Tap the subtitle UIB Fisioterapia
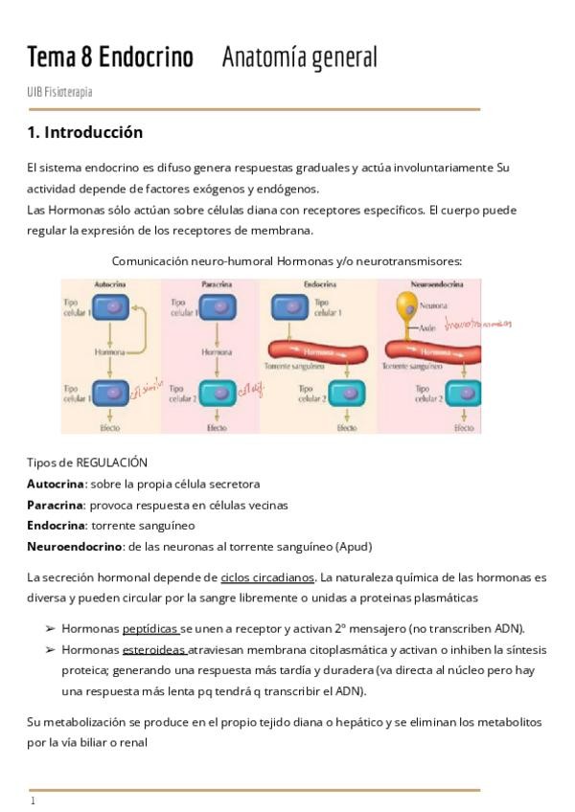click(59, 92)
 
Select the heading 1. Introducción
click(85, 132)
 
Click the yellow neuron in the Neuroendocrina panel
click(405, 305)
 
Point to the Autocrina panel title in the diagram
click(110, 285)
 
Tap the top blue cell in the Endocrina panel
click(290, 307)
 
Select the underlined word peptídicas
click(150, 629)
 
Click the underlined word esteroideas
click(153, 650)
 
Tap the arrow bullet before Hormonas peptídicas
click(50, 629)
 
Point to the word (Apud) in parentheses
click(354, 547)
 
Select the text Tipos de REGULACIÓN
click(87, 462)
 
